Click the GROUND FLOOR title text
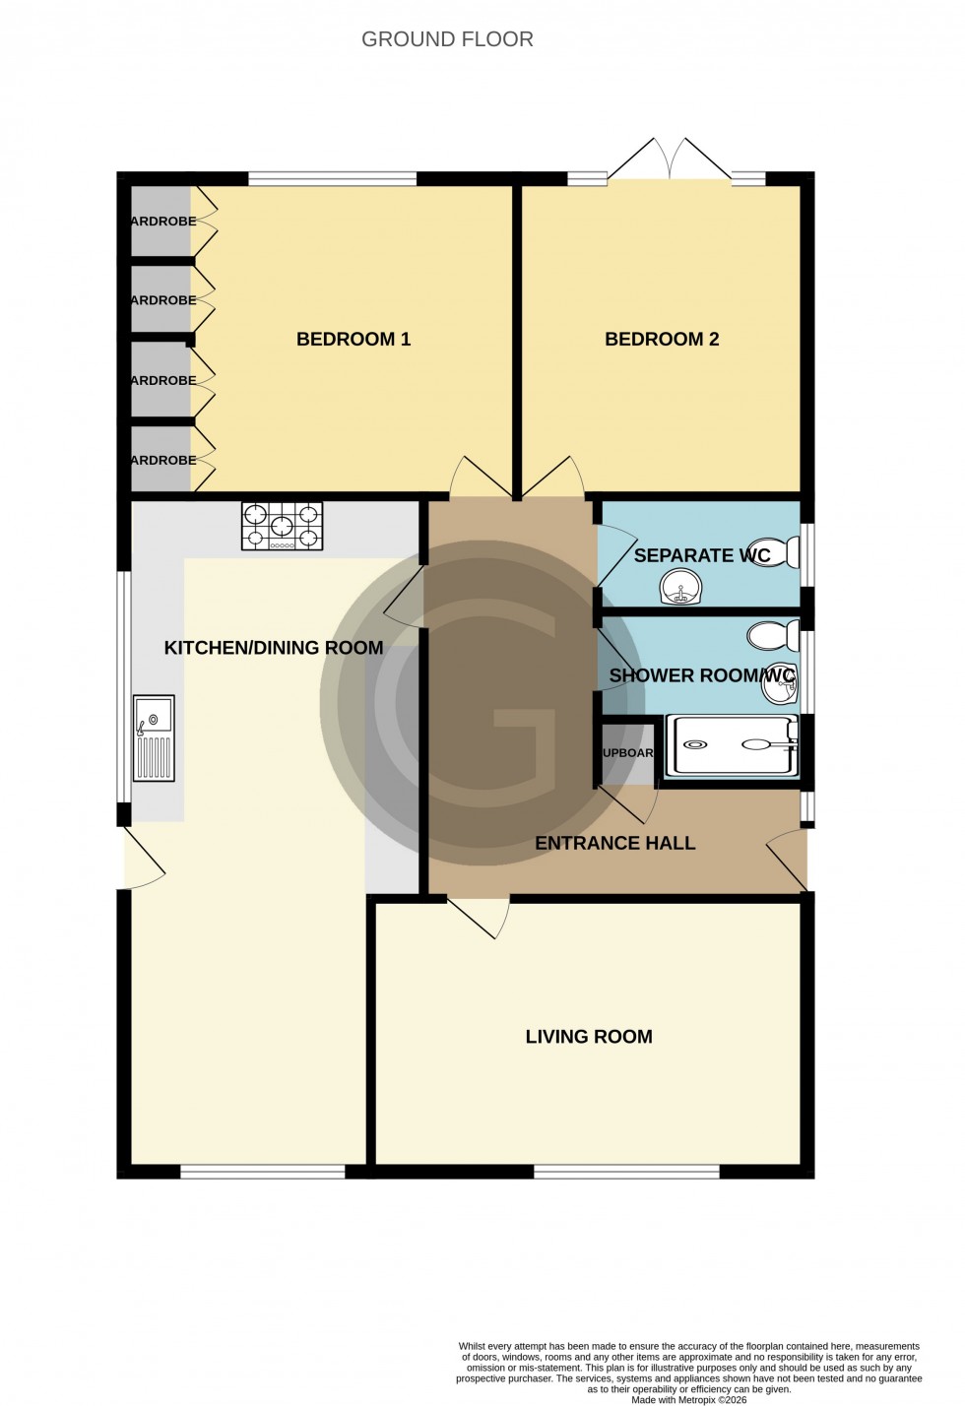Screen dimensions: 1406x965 (447, 39)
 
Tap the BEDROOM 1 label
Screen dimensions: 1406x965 (354, 339)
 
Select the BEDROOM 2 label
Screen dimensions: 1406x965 (662, 339)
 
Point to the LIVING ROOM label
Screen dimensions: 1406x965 (589, 1036)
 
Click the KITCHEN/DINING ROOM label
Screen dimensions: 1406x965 (274, 647)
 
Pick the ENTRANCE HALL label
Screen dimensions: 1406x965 (615, 843)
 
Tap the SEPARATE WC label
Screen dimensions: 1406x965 (702, 555)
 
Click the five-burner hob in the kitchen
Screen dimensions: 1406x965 (282, 526)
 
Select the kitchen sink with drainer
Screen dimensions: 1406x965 (154, 737)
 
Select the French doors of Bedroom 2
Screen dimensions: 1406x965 (670, 160)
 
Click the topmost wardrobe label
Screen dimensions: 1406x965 (163, 221)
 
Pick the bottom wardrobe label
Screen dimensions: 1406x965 (163, 460)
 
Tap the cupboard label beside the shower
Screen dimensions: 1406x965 (628, 753)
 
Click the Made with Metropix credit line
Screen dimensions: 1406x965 (689, 1399)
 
